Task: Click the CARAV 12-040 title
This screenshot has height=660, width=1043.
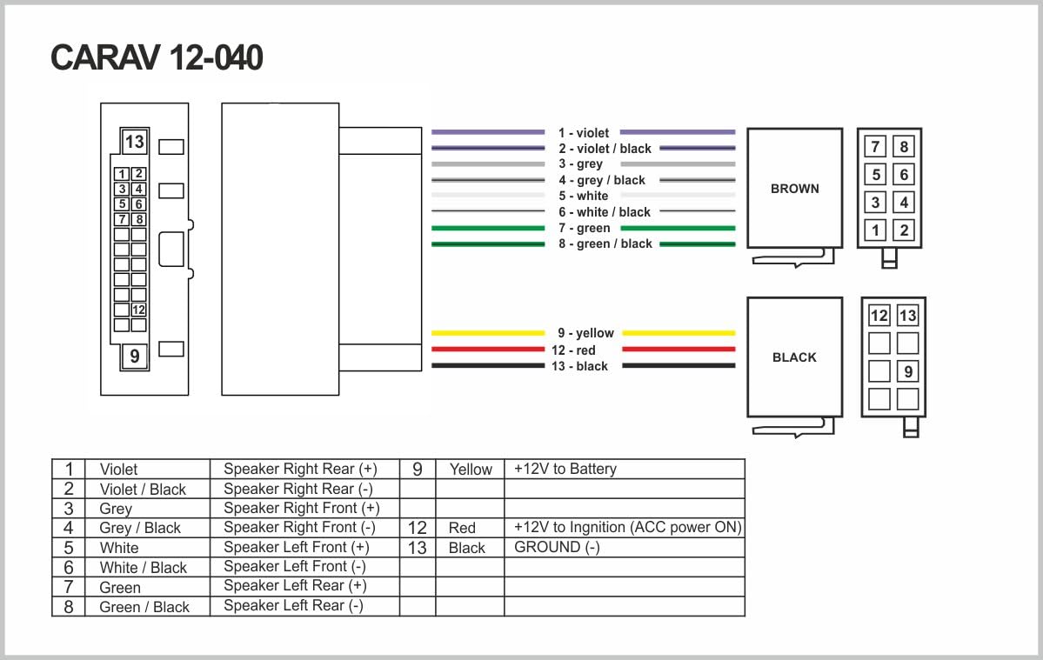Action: tap(157, 57)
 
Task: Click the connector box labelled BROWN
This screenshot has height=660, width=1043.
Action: tap(795, 188)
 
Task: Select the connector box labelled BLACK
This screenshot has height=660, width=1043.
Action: tap(795, 357)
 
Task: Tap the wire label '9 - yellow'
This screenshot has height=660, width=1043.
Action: tap(585, 333)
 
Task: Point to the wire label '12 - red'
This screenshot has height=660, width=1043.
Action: tap(573, 350)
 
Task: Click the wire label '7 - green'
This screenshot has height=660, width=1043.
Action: tap(584, 228)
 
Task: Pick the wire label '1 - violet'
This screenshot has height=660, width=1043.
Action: tap(584, 133)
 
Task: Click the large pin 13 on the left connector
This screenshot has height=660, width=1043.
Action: tap(134, 142)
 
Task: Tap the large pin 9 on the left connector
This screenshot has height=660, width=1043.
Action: tap(134, 357)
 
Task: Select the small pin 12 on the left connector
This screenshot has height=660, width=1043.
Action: tap(138, 310)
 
